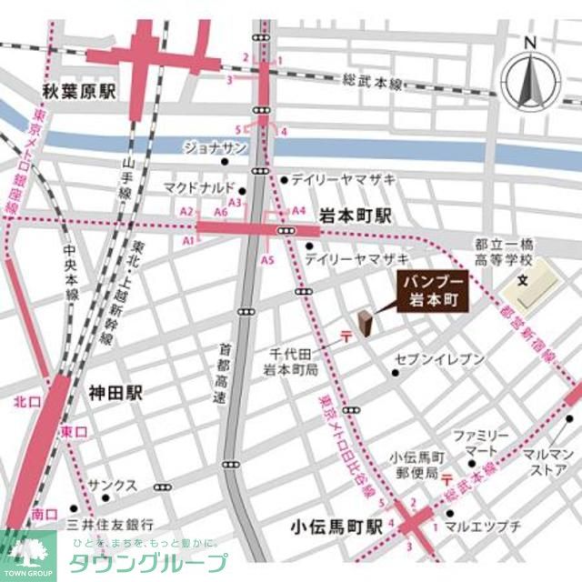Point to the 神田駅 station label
[x=115, y=393]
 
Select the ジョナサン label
[x=216, y=146]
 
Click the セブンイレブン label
[x=439, y=359]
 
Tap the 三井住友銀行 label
[x=105, y=525]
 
